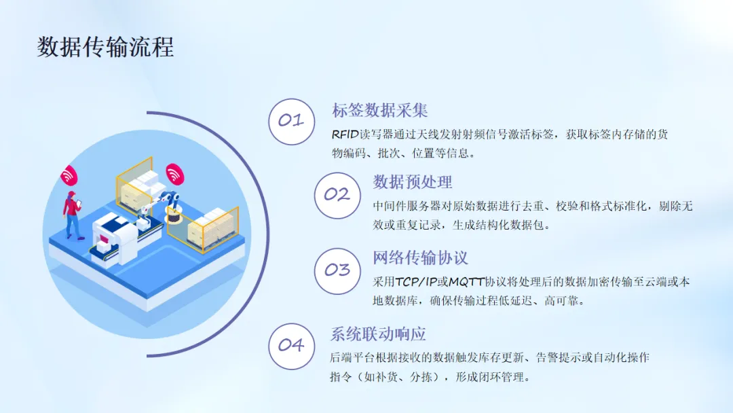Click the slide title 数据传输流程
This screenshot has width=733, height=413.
pos(106,47)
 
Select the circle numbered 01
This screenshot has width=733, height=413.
pos(292,122)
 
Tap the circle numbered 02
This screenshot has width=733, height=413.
pos(337,196)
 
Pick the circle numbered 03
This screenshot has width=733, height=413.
pos(337,271)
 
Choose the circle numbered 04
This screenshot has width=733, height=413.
pos(292,346)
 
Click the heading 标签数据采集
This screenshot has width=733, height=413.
pos(379,111)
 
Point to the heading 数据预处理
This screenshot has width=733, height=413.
pos(413,182)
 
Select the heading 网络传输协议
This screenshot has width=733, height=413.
pos(420,257)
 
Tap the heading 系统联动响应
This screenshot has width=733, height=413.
pos(378,334)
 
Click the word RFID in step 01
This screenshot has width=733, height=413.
pos(345,134)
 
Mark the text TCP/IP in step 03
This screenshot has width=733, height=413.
pos(416,282)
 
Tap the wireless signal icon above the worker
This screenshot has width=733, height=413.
pos(69,175)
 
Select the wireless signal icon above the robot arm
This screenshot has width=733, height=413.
pos(174,174)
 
